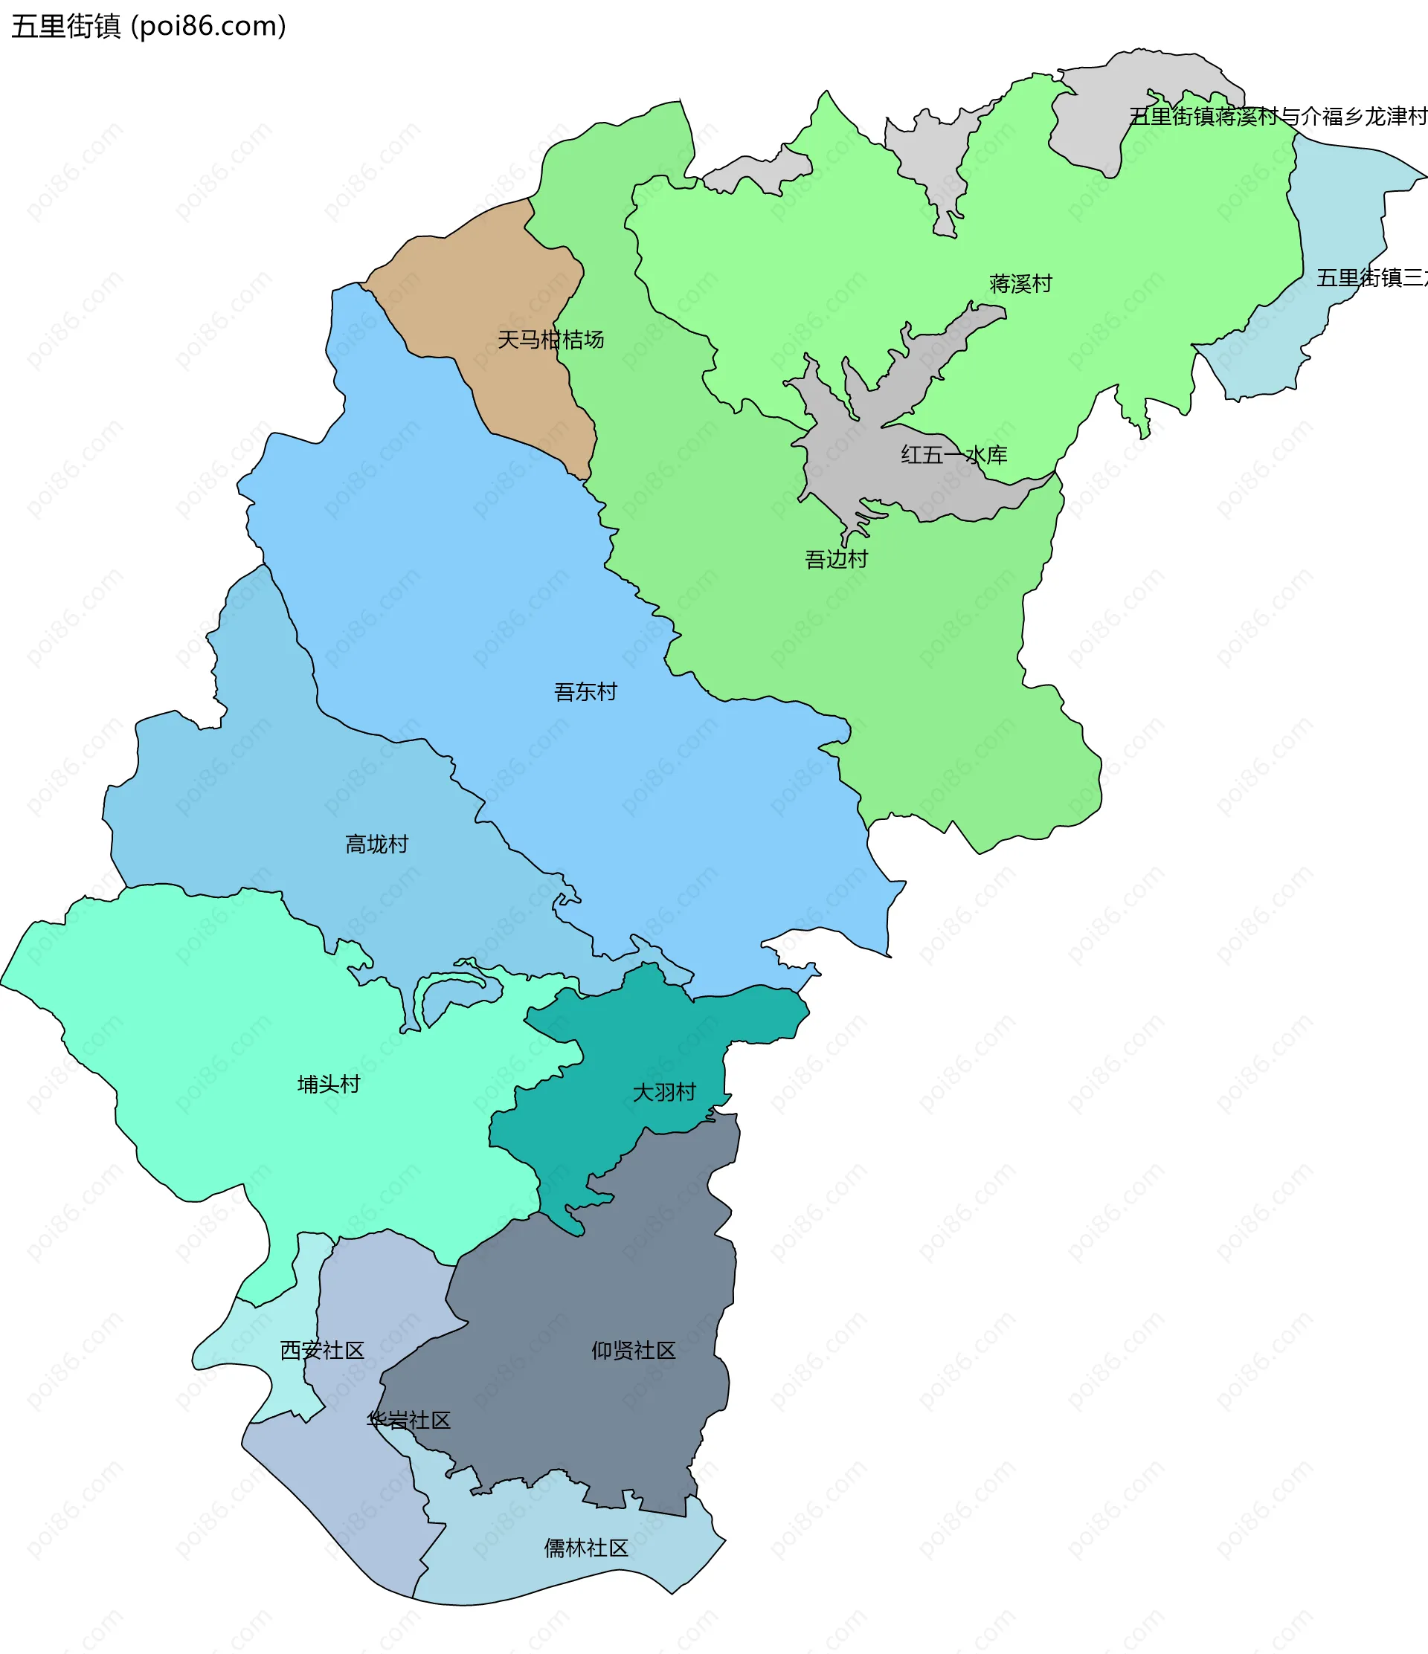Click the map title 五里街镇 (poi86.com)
pyautogui.click(x=149, y=26)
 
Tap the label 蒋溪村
pyautogui.click(x=1020, y=283)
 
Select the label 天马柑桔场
pyautogui.click(x=550, y=340)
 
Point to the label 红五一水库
pyautogui.click(x=953, y=455)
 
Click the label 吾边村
pyautogui.click(x=835, y=559)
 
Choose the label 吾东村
pyautogui.click(x=585, y=691)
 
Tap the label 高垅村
pyautogui.click(x=376, y=844)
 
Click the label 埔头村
pyautogui.click(x=328, y=1084)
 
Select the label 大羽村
pyautogui.click(x=663, y=1092)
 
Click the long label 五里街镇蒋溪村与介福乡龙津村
pyautogui.click(x=1278, y=117)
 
